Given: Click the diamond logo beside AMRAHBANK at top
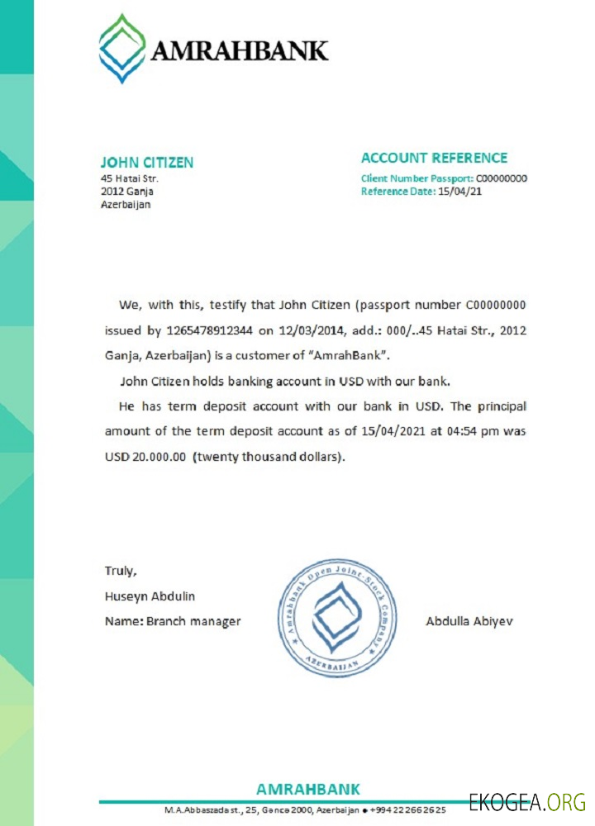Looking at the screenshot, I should click(122, 49).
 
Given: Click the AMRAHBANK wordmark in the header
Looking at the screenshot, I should click(240, 51).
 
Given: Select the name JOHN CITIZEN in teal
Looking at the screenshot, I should click(146, 163).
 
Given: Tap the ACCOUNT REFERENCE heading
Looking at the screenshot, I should click(434, 158).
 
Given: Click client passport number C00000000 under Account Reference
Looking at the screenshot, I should click(502, 178).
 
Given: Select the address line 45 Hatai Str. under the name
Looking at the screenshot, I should click(129, 178).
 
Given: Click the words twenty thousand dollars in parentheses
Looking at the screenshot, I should click(269, 457).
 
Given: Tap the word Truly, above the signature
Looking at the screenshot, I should click(121, 570).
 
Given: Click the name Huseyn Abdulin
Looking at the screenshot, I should click(150, 596).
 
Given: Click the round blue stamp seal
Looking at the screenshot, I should click(337, 619).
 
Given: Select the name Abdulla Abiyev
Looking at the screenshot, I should click(469, 620).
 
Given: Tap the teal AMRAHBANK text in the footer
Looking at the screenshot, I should click(307, 789).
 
